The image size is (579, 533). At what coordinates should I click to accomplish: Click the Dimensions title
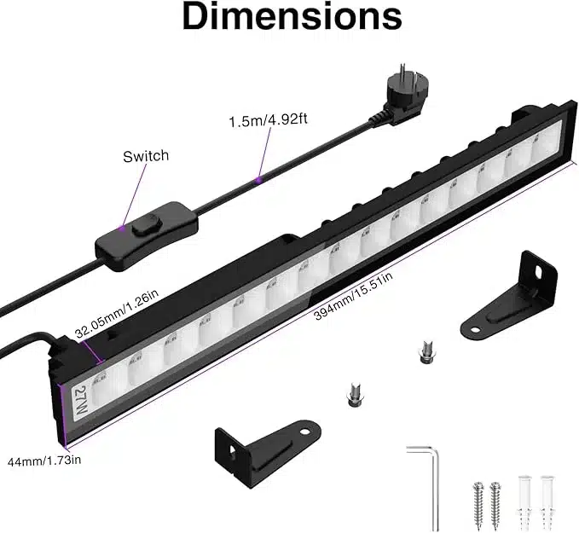click(292, 16)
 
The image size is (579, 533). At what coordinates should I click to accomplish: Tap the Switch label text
click(146, 156)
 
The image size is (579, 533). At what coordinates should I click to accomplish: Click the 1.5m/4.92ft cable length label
click(268, 120)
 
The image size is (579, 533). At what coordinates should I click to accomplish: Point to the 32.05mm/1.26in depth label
click(117, 313)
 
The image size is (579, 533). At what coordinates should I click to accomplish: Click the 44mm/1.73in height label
click(44, 461)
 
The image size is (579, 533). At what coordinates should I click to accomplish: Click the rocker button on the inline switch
click(145, 224)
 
